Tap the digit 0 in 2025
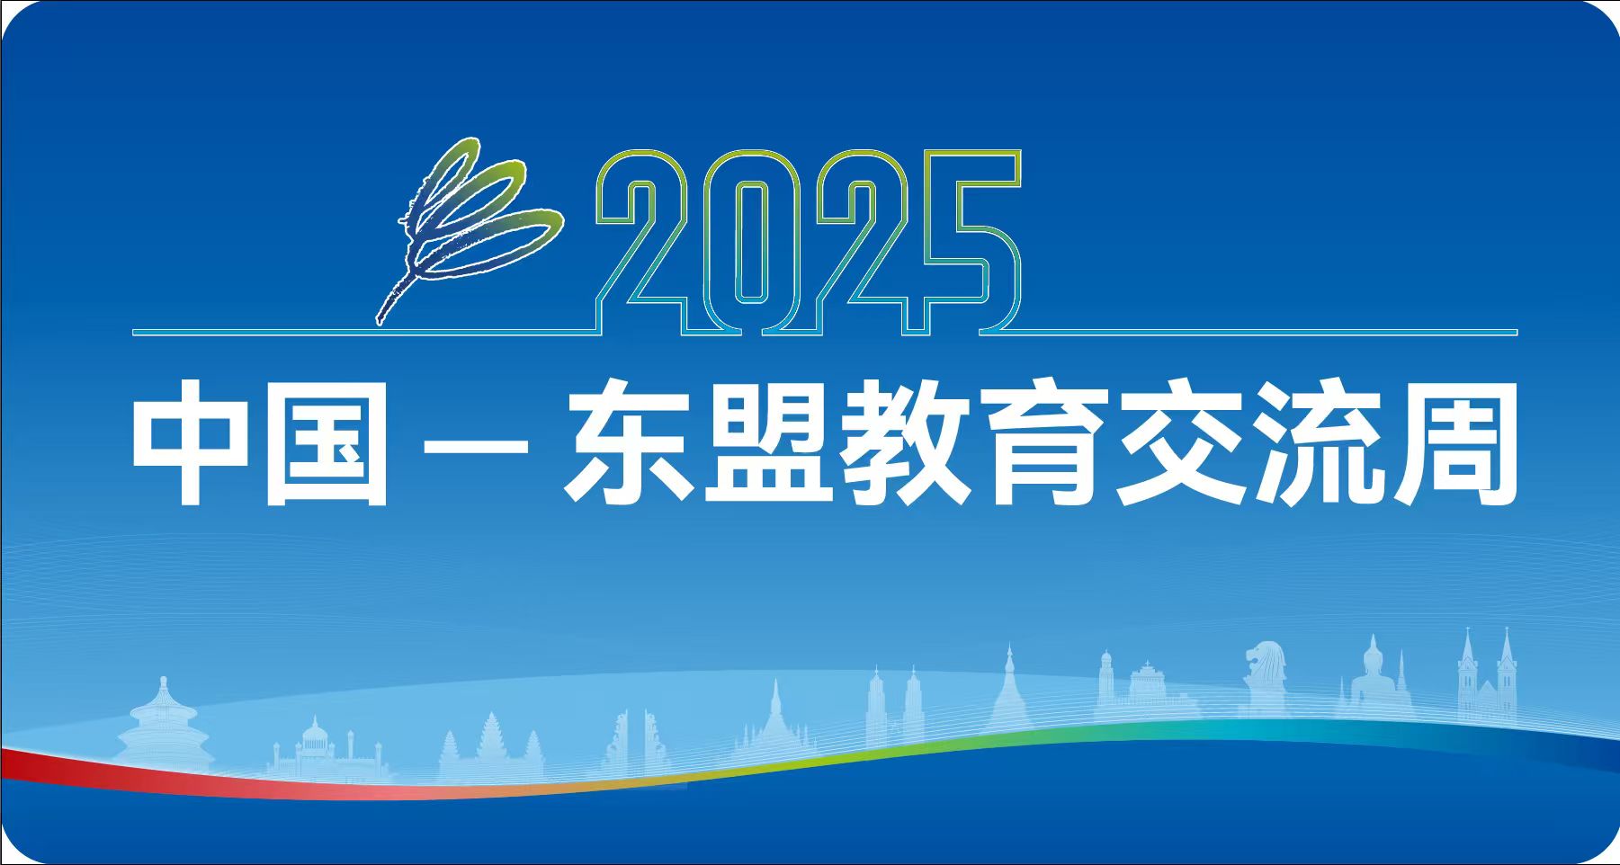click(752, 243)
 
